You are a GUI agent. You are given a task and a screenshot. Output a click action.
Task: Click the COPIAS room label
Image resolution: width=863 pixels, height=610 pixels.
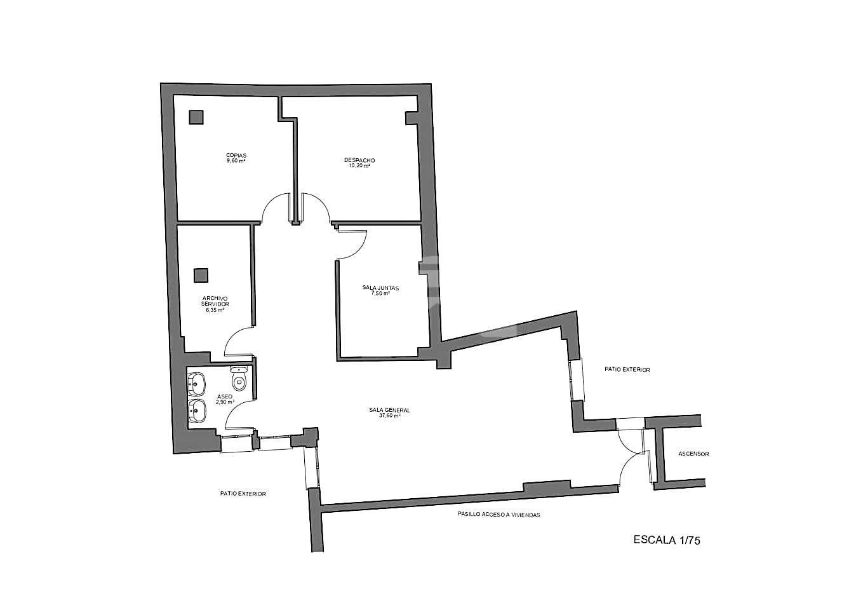pyautogui.click(x=236, y=156)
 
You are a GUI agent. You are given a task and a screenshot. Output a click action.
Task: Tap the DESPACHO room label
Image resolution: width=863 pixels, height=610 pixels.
pyautogui.click(x=359, y=160)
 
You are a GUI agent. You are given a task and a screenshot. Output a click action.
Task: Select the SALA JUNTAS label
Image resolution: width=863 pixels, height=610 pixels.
pyautogui.click(x=380, y=288)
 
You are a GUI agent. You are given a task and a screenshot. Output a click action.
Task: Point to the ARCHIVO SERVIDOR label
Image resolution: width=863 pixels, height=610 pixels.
pyautogui.click(x=215, y=301)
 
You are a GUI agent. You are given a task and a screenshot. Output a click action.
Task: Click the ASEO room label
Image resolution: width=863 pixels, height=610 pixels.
pyautogui.click(x=225, y=396)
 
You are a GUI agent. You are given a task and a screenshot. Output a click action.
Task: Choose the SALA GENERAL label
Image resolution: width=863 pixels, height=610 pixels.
pyautogui.click(x=389, y=410)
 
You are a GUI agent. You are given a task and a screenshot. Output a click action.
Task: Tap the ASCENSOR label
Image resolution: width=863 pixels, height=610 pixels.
pyautogui.click(x=693, y=454)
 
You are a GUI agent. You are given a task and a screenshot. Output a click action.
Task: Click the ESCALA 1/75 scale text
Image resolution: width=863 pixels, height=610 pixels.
pyautogui.click(x=667, y=540)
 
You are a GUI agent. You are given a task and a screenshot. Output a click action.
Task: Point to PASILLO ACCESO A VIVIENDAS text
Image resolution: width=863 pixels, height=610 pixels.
pyautogui.click(x=498, y=515)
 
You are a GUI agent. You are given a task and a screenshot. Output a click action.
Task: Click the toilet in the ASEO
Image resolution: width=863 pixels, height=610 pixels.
pyautogui.click(x=239, y=379)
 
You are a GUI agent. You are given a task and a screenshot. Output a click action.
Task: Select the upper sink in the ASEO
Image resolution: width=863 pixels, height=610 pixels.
pyautogui.click(x=196, y=384)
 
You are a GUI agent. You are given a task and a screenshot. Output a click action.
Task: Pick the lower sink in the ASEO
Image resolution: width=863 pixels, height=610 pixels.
pyautogui.click(x=197, y=410)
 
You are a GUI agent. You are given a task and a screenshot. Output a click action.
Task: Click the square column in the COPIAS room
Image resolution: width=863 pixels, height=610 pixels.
pyautogui.click(x=196, y=117)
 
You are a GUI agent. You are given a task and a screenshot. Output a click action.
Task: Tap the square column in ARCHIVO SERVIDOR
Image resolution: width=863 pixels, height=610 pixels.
pyautogui.click(x=201, y=275)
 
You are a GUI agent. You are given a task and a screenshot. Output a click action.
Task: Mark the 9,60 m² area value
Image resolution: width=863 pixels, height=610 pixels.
pyautogui.click(x=236, y=161)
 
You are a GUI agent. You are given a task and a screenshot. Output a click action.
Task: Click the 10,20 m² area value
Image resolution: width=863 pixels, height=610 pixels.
pyautogui.click(x=359, y=166)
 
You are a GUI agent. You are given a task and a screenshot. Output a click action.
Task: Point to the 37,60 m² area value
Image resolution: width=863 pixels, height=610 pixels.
pyautogui.click(x=390, y=416)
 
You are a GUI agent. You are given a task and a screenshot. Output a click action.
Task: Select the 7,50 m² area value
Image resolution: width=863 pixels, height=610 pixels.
pyautogui.click(x=380, y=293)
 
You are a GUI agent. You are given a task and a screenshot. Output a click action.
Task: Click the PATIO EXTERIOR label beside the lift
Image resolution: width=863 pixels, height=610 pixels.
pyautogui.click(x=627, y=369)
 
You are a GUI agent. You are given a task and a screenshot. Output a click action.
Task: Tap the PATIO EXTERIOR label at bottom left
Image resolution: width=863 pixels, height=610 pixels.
pyautogui.click(x=243, y=494)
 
